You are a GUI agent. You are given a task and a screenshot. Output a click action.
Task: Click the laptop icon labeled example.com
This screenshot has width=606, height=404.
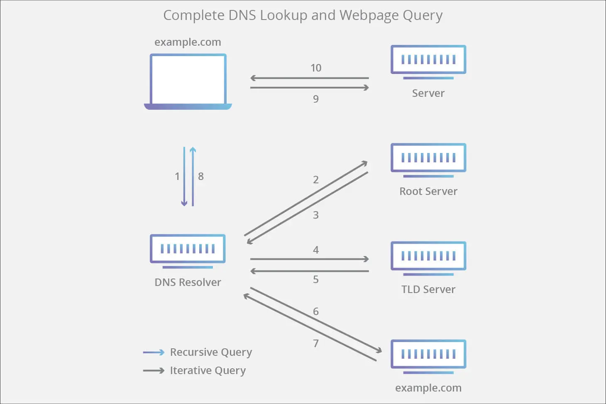(x=188, y=81)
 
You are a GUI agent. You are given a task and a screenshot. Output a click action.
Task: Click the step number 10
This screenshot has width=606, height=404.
(x=316, y=68)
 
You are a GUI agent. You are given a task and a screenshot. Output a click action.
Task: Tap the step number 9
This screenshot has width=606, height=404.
(x=316, y=99)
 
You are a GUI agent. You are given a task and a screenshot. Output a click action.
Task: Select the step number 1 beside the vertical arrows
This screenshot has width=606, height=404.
(x=177, y=177)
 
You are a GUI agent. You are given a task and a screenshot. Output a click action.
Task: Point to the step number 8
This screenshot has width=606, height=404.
(x=201, y=177)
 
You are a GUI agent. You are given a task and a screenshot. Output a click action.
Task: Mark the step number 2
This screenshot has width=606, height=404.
(x=316, y=180)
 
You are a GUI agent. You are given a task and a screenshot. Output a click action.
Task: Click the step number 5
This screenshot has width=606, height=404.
(x=316, y=279)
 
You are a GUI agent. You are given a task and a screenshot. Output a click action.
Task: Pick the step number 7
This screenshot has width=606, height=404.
(x=316, y=343)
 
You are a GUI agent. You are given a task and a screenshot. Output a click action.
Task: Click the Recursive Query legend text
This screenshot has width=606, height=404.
(x=211, y=352)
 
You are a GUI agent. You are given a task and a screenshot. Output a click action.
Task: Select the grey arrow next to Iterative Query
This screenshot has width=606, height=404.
(x=154, y=370)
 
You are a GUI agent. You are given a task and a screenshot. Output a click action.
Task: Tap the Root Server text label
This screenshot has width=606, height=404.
(x=428, y=191)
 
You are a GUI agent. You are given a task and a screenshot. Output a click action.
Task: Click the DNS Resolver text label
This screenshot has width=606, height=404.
(x=188, y=282)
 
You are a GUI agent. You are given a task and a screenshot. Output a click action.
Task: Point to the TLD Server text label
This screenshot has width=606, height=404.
(x=428, y=289)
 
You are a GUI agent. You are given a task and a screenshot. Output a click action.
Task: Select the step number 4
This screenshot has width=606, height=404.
(x=316, y=250)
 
